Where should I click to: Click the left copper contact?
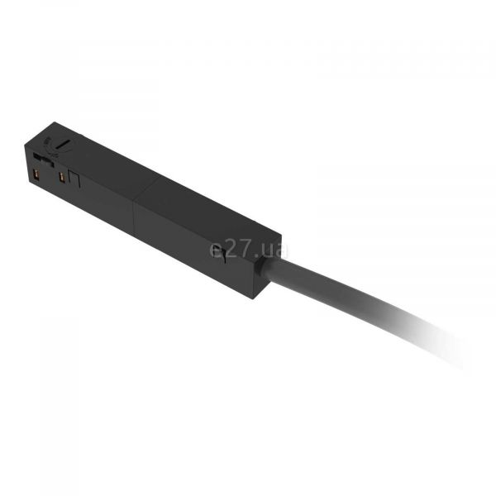click(x=36, y=174)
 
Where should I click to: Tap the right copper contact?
click(x=62, y=178)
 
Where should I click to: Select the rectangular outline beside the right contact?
click(x=74, y=179)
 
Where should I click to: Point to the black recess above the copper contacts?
click(x=43, y=159)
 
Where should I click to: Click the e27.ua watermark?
click(x=248, y=250)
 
